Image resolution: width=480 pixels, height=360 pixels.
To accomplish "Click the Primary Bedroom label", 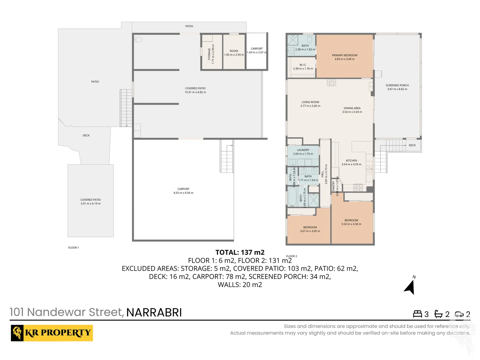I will pyautogui.click(x=344, y=55).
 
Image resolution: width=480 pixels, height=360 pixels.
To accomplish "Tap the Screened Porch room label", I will pyautogui.click(x=397, y=86).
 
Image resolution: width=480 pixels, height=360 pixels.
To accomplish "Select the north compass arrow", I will pyautogui.click(x=410, y=287).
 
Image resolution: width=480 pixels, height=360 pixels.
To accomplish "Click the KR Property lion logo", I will pyautogui.click(x=17, y=333).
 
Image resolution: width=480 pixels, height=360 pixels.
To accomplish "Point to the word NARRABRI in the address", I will pyautogui.click(x=154, y=312).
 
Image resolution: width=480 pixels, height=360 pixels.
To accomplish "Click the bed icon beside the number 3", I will pyautogui.click(x=417, y=314).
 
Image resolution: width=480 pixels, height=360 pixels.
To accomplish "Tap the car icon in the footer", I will pyautogui.click(x=459, y=314).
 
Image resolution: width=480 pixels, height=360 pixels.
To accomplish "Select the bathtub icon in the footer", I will pyautogui.click(x=438, y=314).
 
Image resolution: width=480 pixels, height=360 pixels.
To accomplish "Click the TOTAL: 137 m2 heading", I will pyautogui.click(x=240, y=252).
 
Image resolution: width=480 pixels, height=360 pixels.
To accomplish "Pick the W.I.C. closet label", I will pyautogui.click(x=303, y=65).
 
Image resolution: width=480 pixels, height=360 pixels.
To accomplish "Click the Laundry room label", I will pyautogui.click(x=303, y=150).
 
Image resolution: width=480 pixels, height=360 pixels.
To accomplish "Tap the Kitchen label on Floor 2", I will pyautogui.click(x=351, y=161).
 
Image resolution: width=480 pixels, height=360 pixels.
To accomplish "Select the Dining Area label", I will pyautogui.click(x=352, y=108).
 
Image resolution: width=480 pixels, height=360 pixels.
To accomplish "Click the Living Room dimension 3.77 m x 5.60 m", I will pyautogui.click(x=310, y=106).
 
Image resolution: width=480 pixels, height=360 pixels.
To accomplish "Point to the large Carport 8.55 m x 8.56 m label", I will pyautogui.click(x=183, y=191).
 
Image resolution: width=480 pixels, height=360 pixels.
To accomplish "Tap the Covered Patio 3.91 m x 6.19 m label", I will pyautogui.click(x=90, y=202).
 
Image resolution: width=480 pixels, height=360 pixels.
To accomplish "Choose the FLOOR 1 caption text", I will pyautogui.click(x=73, y=248).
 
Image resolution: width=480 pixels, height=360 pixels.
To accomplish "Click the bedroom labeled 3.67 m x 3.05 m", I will pyautogui.click(x=310, y=229).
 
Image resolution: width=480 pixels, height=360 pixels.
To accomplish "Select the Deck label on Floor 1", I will pyautogui.click(x=86, y=136).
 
